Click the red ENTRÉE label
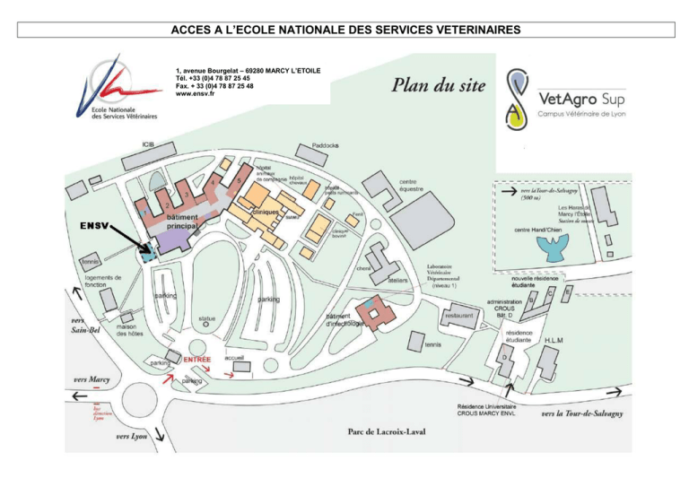197,359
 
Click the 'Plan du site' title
440,86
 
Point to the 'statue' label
207,318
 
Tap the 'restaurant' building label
458,316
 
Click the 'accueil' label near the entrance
235,356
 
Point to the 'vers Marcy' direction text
92,379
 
